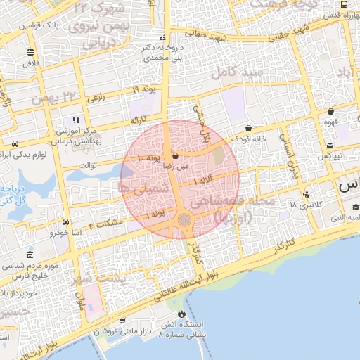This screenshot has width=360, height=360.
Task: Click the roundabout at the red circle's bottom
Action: coord(184,220)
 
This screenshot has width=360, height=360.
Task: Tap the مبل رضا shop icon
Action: coord(175,156)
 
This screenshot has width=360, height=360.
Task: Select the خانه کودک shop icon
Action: coord(250,128)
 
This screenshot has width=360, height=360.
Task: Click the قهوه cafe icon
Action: coord(330,111)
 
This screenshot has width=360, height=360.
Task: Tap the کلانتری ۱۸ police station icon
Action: coord(306,194)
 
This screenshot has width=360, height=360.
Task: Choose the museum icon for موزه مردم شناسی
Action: coord(29,255)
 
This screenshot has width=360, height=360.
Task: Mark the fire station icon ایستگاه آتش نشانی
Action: coord(184,314)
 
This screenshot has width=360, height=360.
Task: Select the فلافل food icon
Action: coord(30,52)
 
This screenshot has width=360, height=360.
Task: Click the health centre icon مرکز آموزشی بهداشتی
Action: coord(76,120)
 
